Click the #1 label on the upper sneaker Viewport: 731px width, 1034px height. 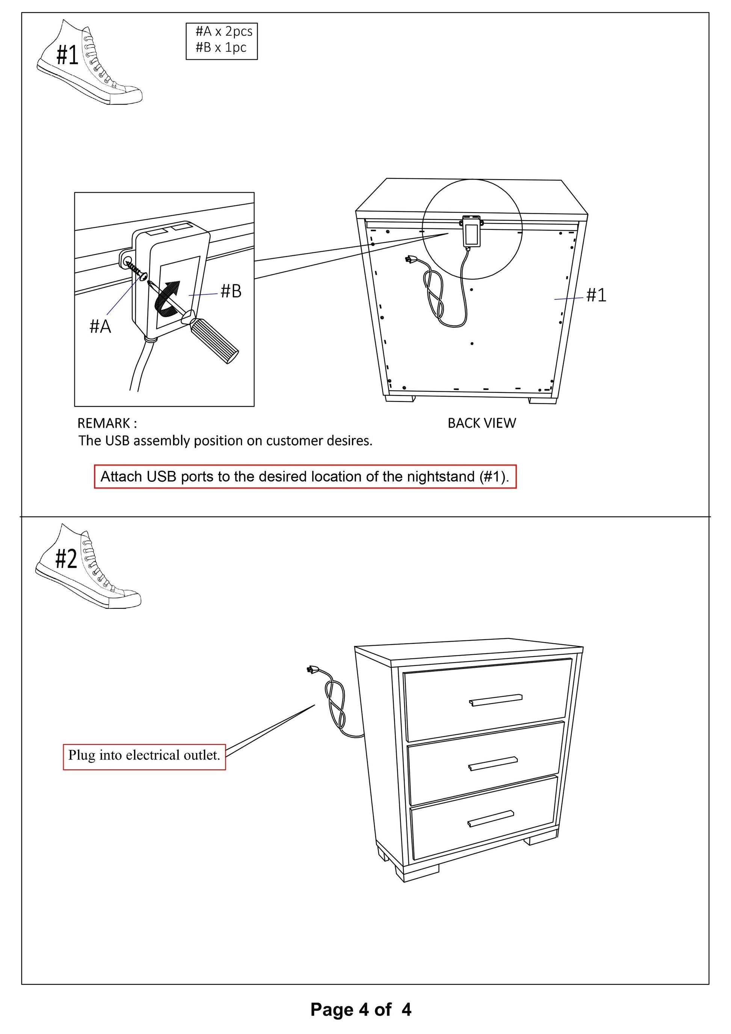(67, 55)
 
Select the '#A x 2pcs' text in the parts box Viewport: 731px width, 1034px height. (224, 32)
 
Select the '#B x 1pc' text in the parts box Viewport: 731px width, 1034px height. (221, 47)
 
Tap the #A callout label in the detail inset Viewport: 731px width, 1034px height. (100, 326)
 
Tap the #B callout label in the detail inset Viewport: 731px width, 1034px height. (231, 291)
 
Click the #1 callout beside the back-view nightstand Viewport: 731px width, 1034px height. (596, 295)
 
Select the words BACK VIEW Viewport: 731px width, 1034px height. (482, 423)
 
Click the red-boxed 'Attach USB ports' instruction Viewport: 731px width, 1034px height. (305, 477)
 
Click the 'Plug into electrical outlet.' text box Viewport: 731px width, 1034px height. (144, 755)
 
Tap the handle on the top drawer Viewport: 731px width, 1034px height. (495, 699)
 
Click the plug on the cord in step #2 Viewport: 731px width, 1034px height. (311, 670)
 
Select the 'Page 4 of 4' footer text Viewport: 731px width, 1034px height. (361, 1009)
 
